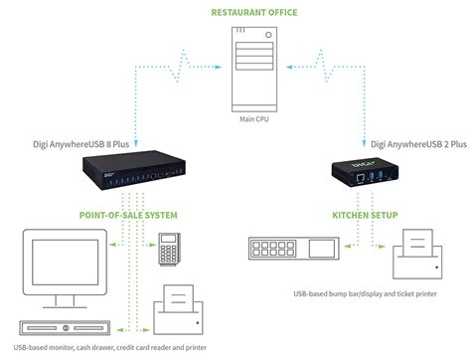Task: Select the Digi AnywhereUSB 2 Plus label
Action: [x=414, y=143]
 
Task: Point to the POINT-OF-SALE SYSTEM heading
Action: [x=129, y=214]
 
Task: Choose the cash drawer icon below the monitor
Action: [x=51, y=327]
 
